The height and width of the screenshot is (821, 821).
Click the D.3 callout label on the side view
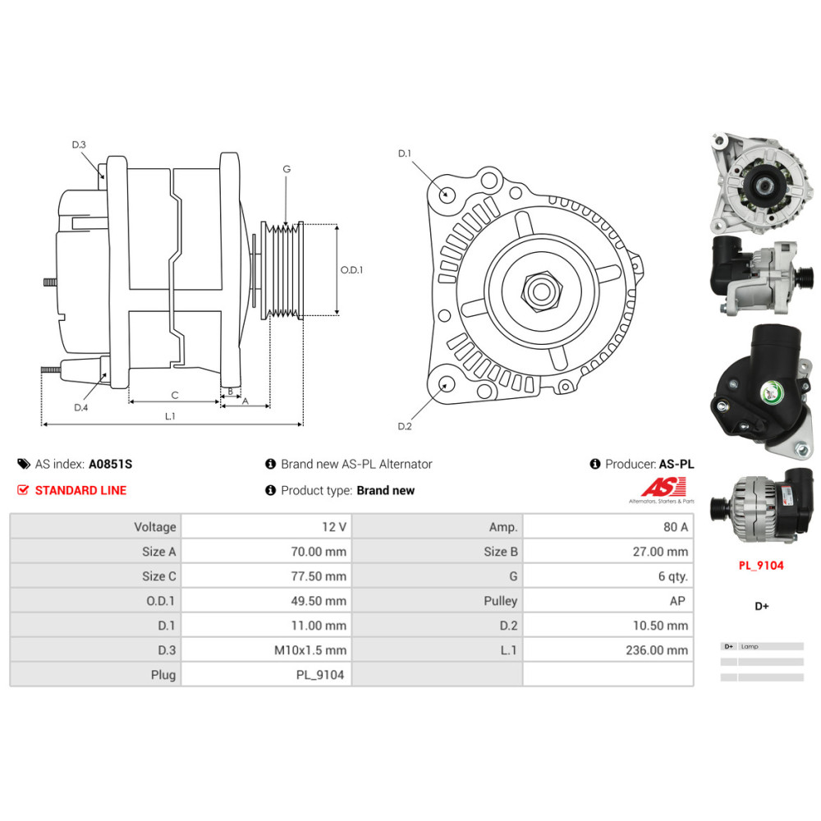[x=79, y=144]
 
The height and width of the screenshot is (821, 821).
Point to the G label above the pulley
[x=287, y=169]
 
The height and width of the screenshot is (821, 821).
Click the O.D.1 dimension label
[x=351, y=270]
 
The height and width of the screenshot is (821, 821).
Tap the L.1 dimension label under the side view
[x=170, y=416]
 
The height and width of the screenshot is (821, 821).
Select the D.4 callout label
[x=80, y=407]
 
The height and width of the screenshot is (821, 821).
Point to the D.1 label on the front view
[x=404, y=154]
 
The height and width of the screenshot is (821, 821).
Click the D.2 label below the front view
[x=404, y=426]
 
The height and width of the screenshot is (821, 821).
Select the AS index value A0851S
[x=111, y=464]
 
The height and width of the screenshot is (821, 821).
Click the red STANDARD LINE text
[x=80, y=491]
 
